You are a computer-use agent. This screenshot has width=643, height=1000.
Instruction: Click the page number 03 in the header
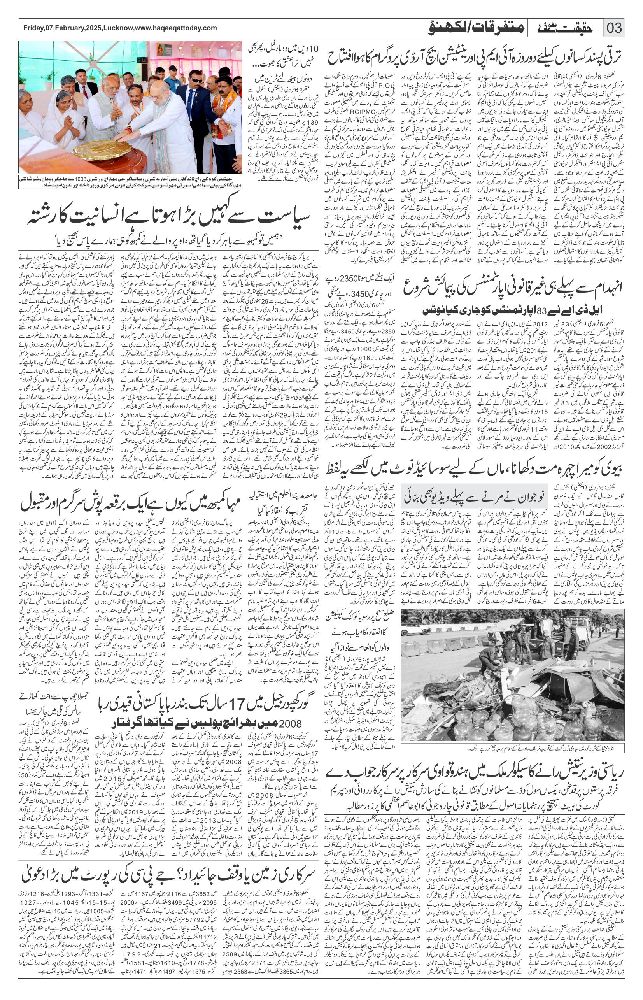[614, 29]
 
